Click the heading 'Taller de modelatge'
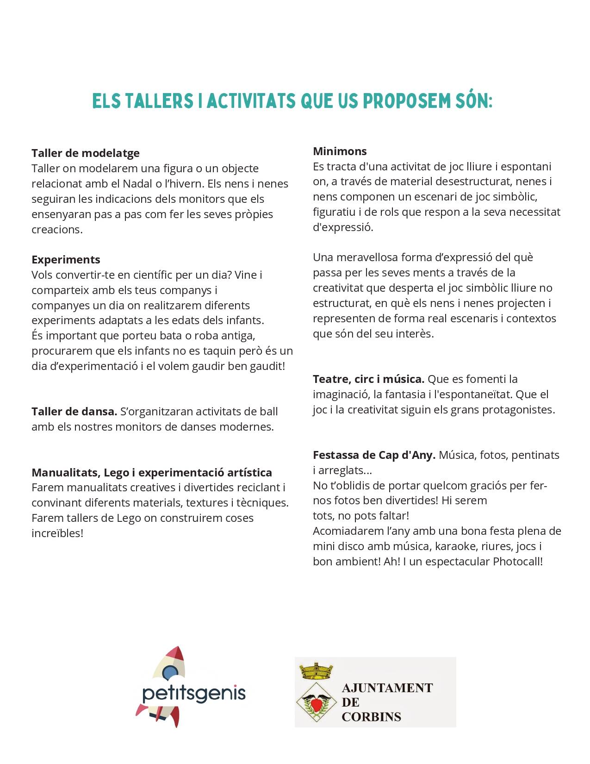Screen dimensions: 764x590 click(86, 153)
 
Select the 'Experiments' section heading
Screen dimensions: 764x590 click(66, 260)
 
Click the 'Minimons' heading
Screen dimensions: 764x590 click(340, 151)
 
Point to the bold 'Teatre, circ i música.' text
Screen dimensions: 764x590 click(368, 379)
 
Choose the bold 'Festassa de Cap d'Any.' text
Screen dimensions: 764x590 click(374, 455)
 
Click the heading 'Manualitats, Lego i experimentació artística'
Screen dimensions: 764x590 click(152, 473)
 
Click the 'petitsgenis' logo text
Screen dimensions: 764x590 click(194, 694)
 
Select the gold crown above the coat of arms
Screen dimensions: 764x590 click(316, 670)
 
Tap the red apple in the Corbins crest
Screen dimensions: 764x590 click(316, 704)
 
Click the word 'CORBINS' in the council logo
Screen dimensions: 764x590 click(371, 717)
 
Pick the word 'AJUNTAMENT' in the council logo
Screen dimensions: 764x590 click(387, 688)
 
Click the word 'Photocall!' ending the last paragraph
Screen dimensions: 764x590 click(517, 562)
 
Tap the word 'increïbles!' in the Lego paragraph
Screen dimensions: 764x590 click(57, 533)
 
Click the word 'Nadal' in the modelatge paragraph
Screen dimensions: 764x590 click(137, 184)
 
